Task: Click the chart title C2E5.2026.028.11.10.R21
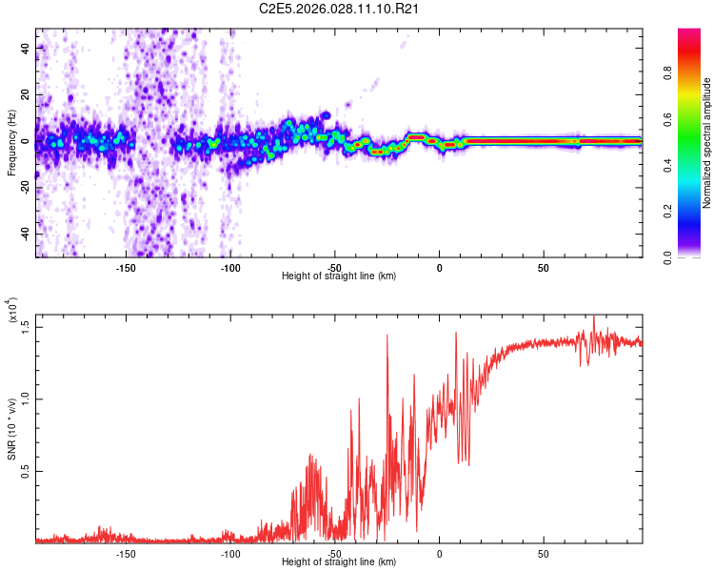tap(340, 10)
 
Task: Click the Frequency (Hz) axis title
tap(11, 143)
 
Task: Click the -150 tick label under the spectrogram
tap(126, 267)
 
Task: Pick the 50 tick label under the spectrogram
tap(543, 267)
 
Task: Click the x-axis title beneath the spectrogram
tap(339, 276)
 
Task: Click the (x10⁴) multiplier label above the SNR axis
tap(11, 311)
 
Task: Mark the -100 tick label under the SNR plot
tap(229, 553)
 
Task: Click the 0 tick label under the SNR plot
tap(439, 553)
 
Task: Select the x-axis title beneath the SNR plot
tap(339, 562)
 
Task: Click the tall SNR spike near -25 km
tap(387, 336)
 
